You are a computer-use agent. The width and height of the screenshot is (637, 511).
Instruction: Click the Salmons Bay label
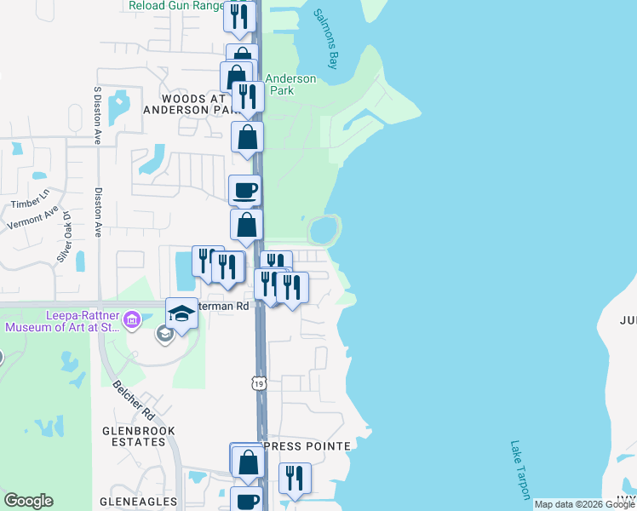[324, 38]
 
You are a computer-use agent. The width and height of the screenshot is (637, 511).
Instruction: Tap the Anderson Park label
[291, 84]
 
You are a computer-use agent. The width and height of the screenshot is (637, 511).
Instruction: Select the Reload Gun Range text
[175, 6]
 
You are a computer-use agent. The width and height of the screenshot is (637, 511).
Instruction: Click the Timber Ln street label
[26, 204]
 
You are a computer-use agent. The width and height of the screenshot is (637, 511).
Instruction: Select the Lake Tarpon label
[520, 469]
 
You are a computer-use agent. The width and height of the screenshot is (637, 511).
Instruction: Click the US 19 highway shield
[260, 383]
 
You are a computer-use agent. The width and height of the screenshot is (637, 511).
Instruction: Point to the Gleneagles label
[138, 502]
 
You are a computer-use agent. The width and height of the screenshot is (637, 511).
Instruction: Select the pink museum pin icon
[131, 320]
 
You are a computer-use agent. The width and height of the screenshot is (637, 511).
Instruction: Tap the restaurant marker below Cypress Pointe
[295, 478]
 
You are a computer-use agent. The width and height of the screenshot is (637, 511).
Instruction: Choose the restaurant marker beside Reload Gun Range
[240, 16]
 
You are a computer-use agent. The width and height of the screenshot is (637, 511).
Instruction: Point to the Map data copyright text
[584, 504]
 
